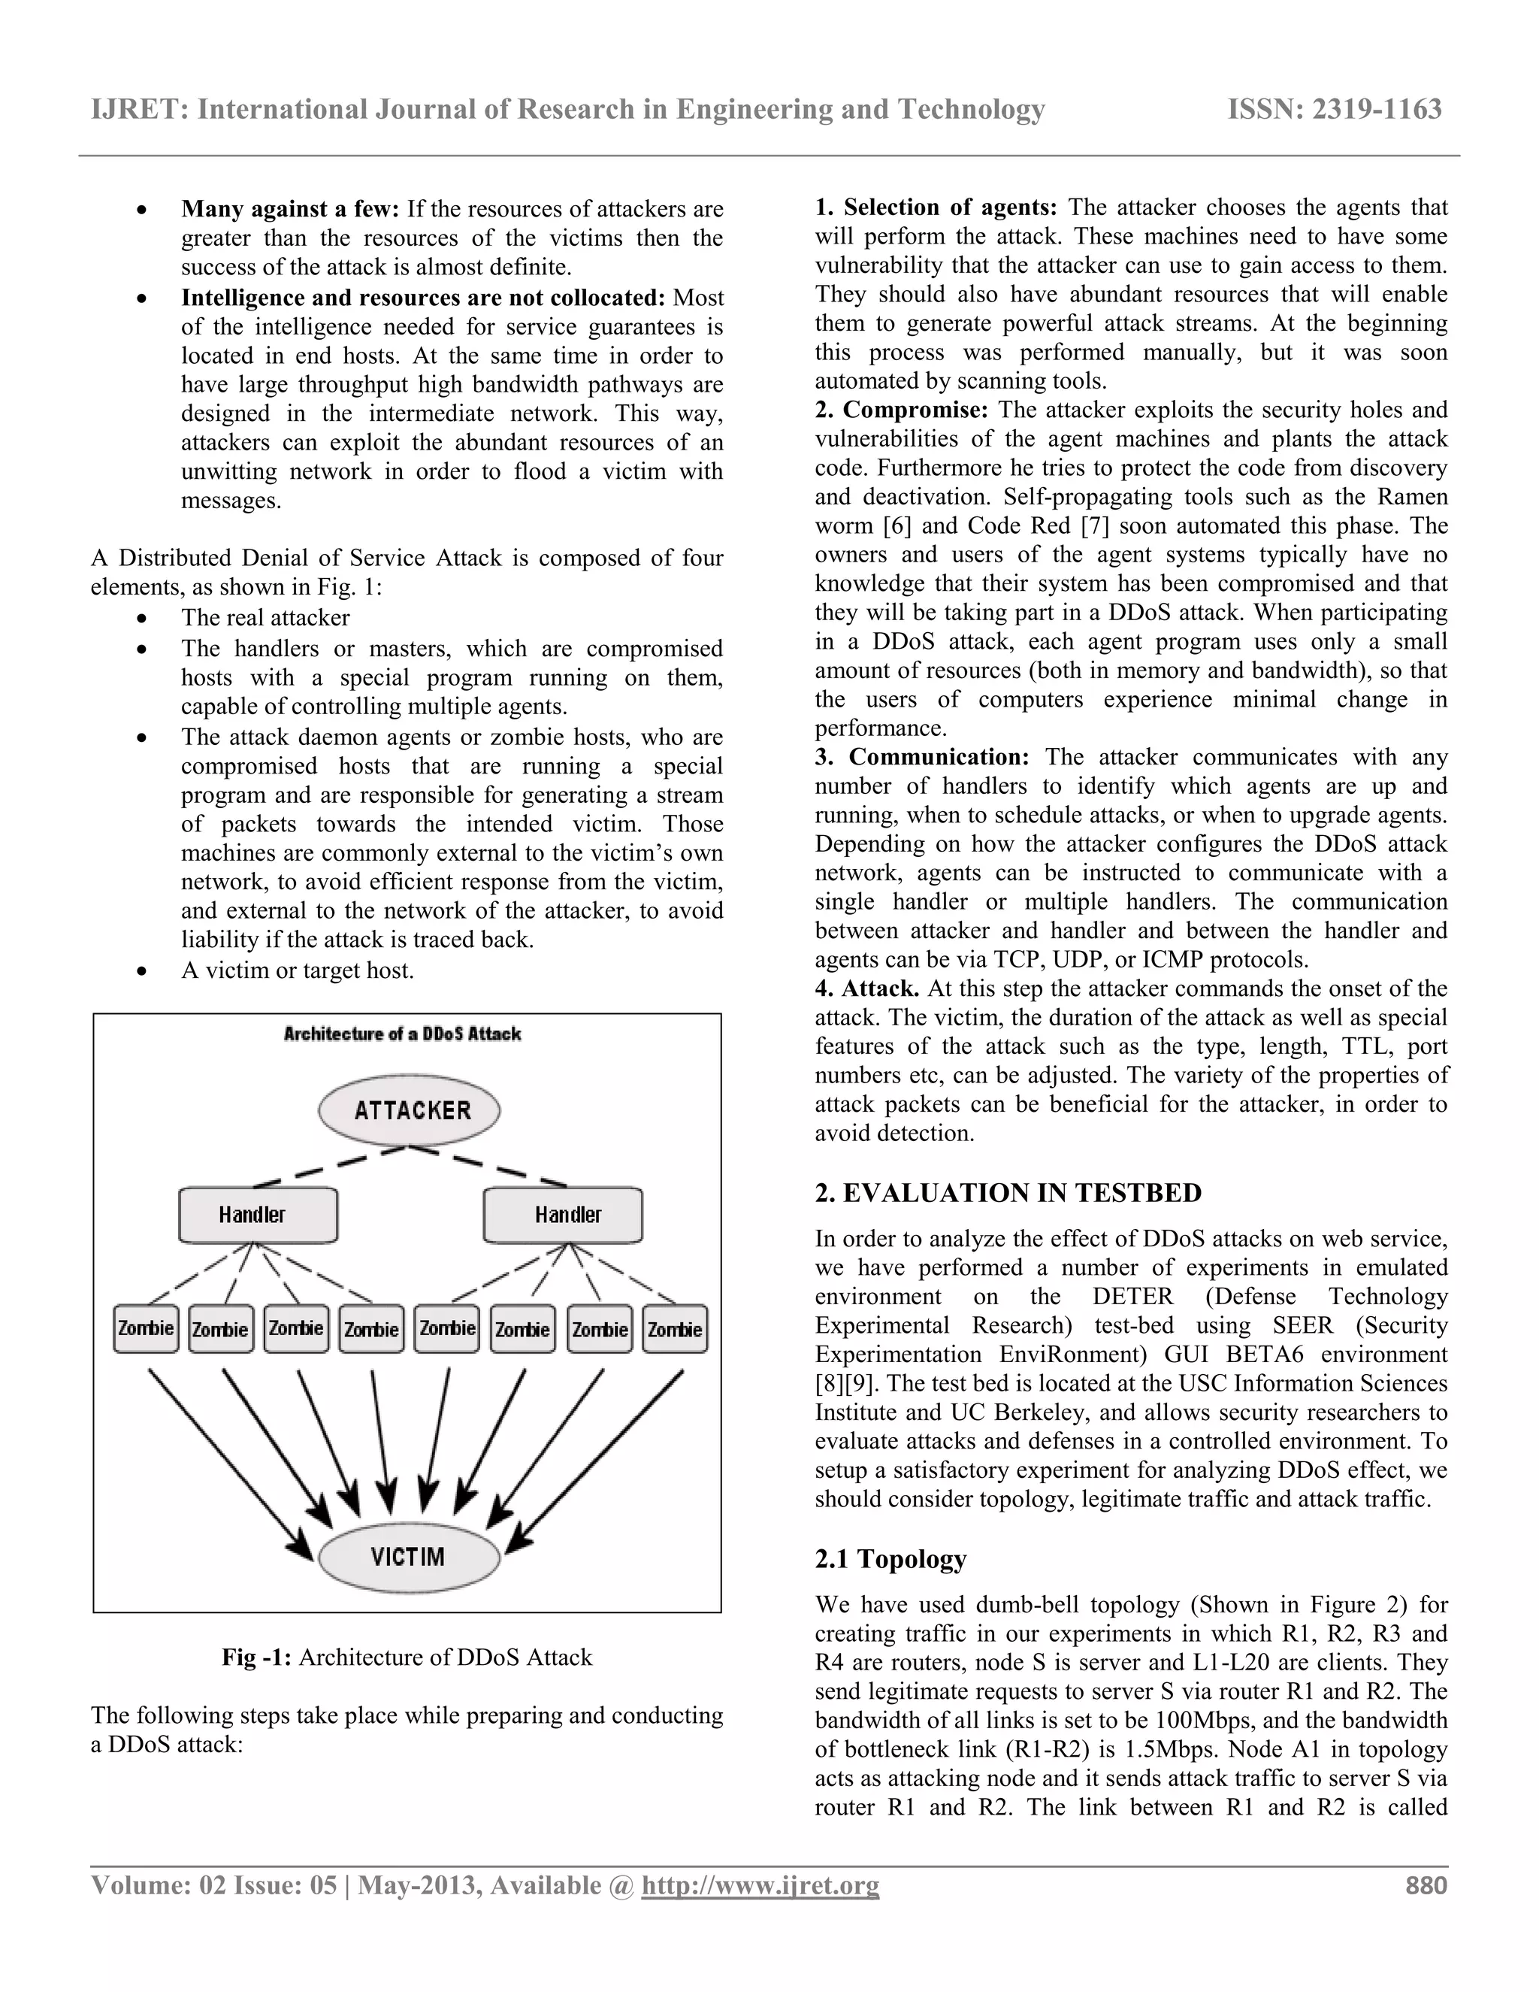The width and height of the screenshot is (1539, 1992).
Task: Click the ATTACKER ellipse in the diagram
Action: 410,1110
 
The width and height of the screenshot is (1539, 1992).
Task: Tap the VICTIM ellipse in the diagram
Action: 409,1556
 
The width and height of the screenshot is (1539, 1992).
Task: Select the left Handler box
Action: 258,1214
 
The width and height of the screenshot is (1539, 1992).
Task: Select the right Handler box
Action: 563,1214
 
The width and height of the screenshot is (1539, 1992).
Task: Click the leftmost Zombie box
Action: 146,1329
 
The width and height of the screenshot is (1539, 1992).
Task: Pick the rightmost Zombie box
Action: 675,1329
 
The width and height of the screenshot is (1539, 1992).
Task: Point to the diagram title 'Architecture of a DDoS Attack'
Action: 402,1034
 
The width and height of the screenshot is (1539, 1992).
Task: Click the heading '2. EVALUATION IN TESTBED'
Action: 1008,1193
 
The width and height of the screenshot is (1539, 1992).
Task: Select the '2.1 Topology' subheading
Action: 890,1559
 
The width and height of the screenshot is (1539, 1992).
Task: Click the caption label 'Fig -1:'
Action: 256,1657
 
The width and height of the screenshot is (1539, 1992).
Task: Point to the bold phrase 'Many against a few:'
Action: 290,209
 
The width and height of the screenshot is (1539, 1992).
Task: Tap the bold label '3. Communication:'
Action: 922,757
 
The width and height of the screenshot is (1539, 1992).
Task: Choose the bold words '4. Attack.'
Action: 866,988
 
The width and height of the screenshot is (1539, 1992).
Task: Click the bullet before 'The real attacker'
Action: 141,619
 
